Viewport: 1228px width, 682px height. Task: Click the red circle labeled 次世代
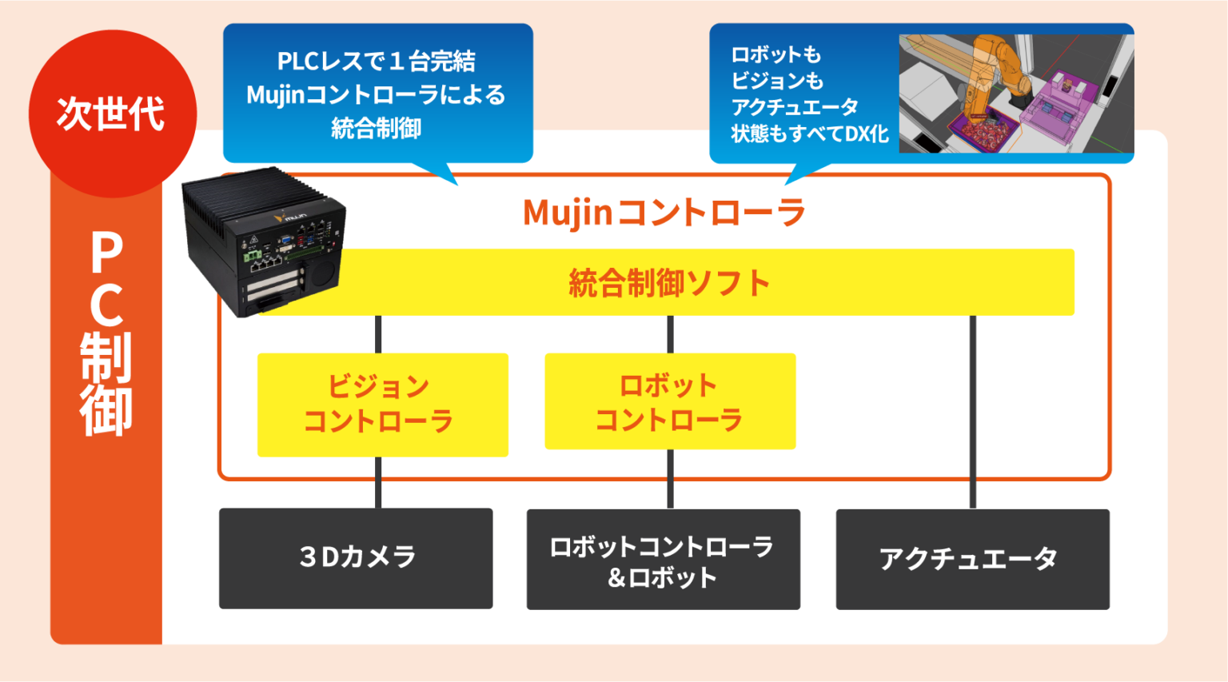(112, 114)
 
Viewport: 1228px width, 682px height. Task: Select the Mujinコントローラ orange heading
(664, 213)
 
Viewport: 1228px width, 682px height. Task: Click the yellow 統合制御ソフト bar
(668, 283)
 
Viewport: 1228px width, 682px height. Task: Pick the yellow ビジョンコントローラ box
(382, 405)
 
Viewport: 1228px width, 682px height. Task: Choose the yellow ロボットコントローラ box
(670, 401)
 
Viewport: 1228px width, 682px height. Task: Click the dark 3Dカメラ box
(356, 558)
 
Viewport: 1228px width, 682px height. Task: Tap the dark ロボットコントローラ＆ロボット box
(663, 560)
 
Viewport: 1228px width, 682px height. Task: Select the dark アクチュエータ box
(972, 560)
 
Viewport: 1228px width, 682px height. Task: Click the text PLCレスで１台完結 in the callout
(377, 61)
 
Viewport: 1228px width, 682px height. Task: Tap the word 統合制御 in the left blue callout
(377, 129)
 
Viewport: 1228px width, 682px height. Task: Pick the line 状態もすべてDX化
(809, 134)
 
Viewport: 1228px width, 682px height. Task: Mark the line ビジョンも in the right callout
(776, 81)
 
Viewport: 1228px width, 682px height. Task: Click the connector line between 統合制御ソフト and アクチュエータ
(972, 412)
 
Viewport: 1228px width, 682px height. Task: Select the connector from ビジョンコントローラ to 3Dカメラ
(378, 482)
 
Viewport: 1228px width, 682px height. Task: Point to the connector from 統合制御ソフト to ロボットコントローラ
(670, 334)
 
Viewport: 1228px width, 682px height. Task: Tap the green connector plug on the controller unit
(253, 256)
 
